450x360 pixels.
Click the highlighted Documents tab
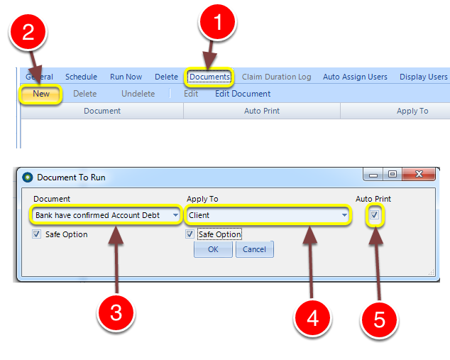click(x=209, y=77)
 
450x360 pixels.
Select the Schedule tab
click(x=81, y=77)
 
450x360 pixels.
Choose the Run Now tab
click(x=126, y=77)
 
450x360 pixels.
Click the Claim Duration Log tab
click(x=276, y=77)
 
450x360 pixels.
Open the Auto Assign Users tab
click(x=355, y=77)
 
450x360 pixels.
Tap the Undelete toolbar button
click(x=138, y=94)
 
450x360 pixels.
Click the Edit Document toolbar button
click(x=243, y=94)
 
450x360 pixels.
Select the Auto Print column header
click(x=262, y=111)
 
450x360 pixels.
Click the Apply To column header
click(x=412, y=111)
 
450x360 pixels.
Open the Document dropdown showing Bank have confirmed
click(x=106, y=215)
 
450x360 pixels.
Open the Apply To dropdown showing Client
click(x=268, y=215)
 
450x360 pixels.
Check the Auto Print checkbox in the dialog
click(x=374, y=214)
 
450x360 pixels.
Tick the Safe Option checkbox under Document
click(x=36, y=234)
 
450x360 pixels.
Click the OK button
click(x=213, y=249)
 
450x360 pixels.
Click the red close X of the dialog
click(x=419, y=174)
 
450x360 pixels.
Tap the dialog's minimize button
click(x=373, y=174)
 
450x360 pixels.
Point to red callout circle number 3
click(x=116, y=312)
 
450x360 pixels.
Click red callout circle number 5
click(x=380, y=320)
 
